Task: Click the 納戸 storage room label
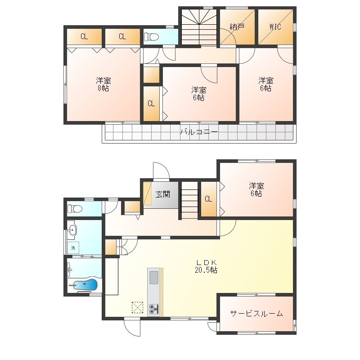coord(237,27)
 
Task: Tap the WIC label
coord(275,27)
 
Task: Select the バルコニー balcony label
coord(199,132)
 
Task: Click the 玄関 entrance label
coord(163,194)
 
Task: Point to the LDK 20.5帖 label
coord(206,266)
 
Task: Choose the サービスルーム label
coord(256,313)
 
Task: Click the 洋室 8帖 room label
coord(103,84)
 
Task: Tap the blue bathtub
coord(85,285)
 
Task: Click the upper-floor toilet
coord(151,37)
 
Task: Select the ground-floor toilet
coord(75,209)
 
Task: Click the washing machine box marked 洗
coord(73,248)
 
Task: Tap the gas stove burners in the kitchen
coord(153,309)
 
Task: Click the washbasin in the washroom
coord(72,230)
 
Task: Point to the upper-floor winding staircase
coord(199,27)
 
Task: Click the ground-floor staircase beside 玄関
coord(189,200)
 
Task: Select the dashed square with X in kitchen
coord(137,308)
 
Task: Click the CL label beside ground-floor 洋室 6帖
coord(208,199)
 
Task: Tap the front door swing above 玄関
coord(161,171)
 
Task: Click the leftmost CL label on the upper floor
coord(84,36)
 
